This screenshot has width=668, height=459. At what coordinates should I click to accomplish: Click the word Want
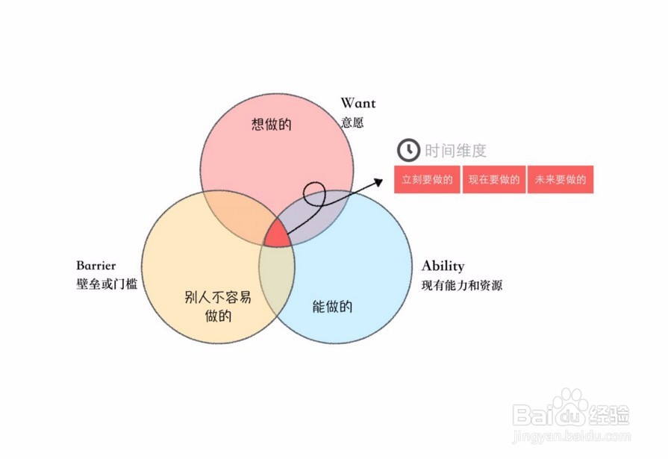(x=358, y=103)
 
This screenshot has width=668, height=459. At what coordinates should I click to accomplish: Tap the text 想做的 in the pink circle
(x=271, y=123)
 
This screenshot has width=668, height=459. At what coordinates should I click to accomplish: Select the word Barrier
(x=96, y=266)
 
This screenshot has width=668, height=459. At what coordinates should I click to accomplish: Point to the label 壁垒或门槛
(x=107, y=284)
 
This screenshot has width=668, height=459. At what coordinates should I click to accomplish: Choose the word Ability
(x=443, y=266)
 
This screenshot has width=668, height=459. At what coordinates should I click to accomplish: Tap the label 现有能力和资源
(x=461, y=284)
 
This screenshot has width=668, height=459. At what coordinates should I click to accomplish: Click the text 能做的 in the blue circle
(x=331, y=306)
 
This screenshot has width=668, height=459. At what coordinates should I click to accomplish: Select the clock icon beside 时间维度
(x=408, y=150)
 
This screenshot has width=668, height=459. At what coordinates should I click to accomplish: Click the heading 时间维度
(x=455, y=151)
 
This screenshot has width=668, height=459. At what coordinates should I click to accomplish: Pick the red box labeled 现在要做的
(x=494, y=180)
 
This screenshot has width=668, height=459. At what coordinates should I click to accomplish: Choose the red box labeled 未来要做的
(x=560, y=180)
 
